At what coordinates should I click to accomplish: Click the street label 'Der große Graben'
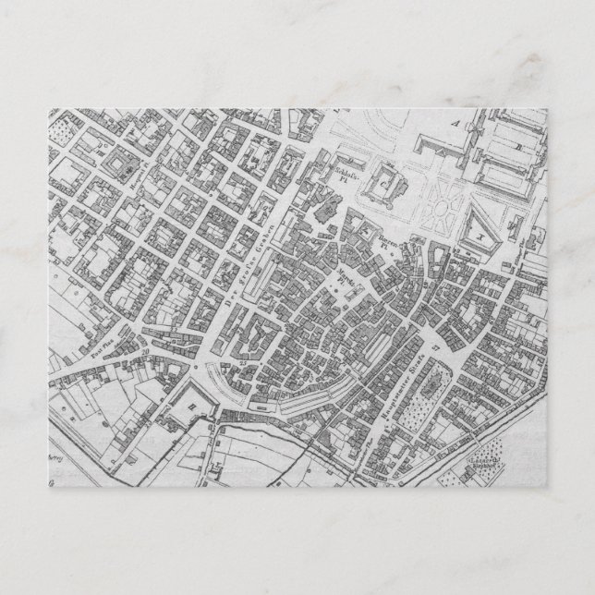[x=248, y=261]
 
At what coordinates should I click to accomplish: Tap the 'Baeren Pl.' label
[x=385, y=242]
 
